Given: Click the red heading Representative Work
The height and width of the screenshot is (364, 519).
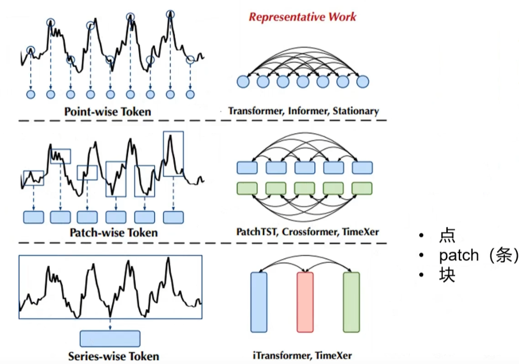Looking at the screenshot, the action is click(x=302, y=17).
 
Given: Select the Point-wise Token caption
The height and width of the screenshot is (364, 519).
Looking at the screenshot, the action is click(x=108, y=112).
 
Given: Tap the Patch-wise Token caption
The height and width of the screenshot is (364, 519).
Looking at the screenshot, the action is click(x=114, y=233).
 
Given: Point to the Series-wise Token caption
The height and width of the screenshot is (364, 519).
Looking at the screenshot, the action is click(x=114, y=356).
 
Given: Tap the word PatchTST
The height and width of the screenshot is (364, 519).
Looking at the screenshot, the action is click(x=257, y=232).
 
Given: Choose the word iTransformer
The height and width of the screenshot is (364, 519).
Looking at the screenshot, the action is click(x=282, y=355).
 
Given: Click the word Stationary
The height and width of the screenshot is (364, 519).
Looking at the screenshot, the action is click(x=356, y=111).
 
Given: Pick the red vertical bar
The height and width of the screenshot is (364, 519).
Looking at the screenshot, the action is click(x=305, y=302).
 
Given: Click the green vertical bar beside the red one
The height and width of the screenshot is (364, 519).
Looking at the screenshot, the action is click(x=352, y=302).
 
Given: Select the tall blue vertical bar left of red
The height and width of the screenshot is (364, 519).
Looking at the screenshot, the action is click(x=259, y=302).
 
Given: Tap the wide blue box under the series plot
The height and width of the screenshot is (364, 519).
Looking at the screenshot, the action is click(x=110, y=339).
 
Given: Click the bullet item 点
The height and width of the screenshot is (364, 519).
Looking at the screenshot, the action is click(x=447, y=235).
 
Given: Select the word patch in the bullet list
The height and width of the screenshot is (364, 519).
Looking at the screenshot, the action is click(x=459, y=255).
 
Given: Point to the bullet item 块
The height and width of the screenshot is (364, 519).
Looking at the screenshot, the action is click(x=447, y=275).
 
